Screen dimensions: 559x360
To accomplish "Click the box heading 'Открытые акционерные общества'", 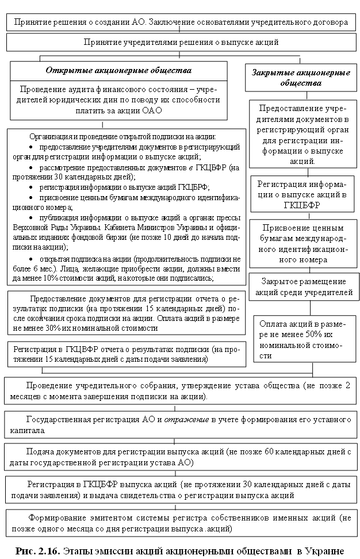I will pyautogui.click(x=118, y=71).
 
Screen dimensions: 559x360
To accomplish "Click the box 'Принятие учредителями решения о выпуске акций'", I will pyautogui.click(x=181, y=42).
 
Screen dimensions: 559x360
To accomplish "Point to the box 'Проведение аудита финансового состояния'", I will pyautogui.click(x=118, y=101).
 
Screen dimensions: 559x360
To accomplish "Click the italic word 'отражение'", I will pyautogui.click(x=187, y=420).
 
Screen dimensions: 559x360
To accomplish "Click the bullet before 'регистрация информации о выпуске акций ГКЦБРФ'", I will pyautogui.click(x=31, y=187).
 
